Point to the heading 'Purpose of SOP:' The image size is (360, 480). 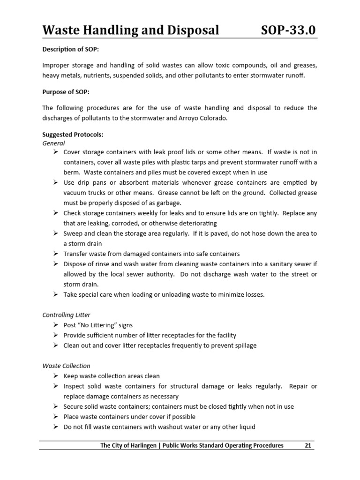click(66, 92)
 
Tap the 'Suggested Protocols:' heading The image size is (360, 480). click(73, 135)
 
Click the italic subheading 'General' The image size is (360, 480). click(53, 143)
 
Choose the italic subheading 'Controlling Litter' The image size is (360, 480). click(66, 315)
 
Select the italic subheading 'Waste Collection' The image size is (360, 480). click(66, 366)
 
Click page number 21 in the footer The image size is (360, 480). click(308, 445)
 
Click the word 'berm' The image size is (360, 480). click(72, 172)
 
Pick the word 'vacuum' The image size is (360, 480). click(75, 193)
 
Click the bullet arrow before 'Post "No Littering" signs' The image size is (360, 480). click(55, 325)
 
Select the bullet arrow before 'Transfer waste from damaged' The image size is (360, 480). click(55, 254)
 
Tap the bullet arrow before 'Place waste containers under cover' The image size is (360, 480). click(55, 417)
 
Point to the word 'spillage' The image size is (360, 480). click(244, 345)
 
